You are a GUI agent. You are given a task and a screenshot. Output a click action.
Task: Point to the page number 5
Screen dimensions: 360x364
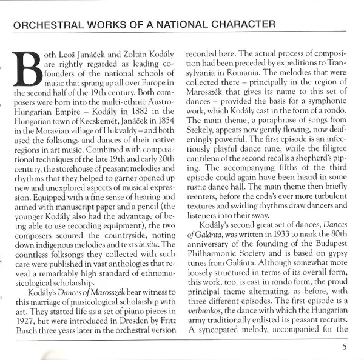pyautogui.click(x=344, y=347)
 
